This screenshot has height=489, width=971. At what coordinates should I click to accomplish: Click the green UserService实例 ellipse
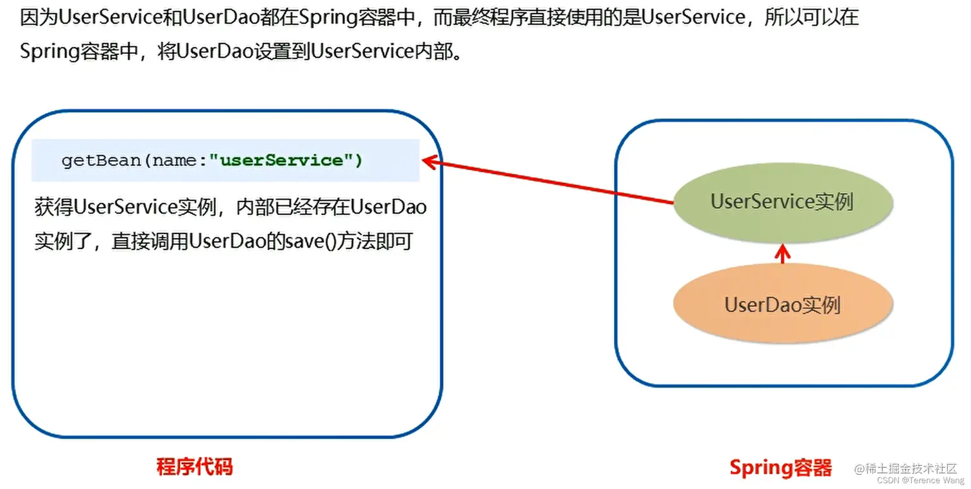(782, 202)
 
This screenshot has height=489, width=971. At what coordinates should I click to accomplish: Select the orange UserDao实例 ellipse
(782, 304)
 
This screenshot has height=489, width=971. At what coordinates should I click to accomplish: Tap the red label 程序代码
(195, 467)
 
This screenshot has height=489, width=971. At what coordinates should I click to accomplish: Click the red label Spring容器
(780, 467)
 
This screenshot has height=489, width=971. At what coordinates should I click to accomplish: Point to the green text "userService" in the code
(282, 160)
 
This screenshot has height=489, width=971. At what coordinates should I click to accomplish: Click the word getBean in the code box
(101, 160)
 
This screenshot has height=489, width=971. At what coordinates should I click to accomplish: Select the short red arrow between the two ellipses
(782, 254)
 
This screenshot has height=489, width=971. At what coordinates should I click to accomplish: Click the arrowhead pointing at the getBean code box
(429, 162)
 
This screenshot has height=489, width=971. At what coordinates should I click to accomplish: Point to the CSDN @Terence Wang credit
(920, 480)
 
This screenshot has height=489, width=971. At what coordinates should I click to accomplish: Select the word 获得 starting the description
(54, 207)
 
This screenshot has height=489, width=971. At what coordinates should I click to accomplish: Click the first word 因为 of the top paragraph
(38, 17)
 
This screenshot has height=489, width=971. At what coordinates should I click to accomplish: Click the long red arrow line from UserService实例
(552, 182)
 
